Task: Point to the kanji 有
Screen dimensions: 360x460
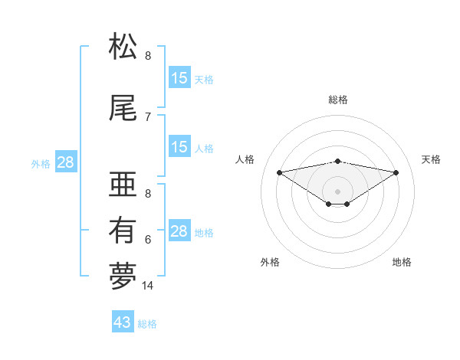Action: [x=123, y=231]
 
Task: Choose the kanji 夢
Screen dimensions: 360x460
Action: [x=123, y=277]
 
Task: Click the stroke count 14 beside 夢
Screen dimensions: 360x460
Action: [x=148, y=286]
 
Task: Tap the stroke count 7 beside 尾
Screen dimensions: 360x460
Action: [x=148, y=117]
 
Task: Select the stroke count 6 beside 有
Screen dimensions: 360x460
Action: [x=148, y=240]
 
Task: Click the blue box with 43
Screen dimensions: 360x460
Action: [x=123, y=322]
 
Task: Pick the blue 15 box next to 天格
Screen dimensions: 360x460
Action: [x=179, y=78]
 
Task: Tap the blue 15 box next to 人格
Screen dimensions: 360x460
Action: [x=179, y=147]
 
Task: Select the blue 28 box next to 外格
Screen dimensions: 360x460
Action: [x=65, y=162]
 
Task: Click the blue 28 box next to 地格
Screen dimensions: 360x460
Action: [x=179, y=231]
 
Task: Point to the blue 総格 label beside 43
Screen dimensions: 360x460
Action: [x=147, y=324]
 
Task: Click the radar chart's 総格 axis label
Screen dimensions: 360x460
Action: [x=337, y=100]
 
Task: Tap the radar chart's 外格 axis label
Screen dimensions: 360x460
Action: [x=270, y=262]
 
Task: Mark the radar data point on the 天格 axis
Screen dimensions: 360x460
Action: [x=396, y=172]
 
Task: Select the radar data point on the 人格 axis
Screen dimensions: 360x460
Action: [x=279, y=172]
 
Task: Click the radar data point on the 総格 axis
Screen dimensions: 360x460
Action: [x=337, y=161]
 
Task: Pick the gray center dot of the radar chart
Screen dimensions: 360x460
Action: [x=337, y=191]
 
